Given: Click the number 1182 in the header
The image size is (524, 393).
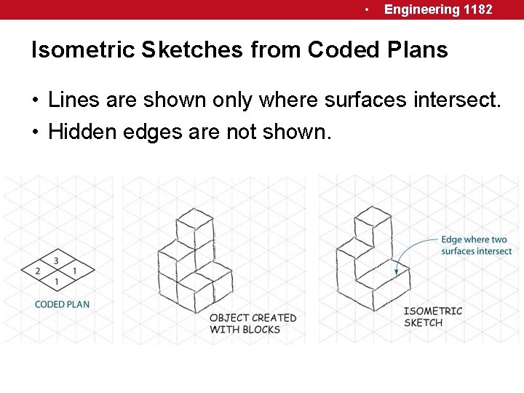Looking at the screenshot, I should [x=477, y=9].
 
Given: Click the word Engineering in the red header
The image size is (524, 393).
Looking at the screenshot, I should [x=422, y=9].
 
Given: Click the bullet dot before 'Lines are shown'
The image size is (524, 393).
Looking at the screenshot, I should [x=36, y=100].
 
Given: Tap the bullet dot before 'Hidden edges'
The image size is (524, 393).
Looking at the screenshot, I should [x=36, y=132].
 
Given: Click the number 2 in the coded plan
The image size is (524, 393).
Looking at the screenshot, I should [x=38, y=271].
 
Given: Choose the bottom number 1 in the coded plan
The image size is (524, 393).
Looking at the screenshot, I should [x=57, y=281].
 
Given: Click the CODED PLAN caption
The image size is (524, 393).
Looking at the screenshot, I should [x=62, y=304].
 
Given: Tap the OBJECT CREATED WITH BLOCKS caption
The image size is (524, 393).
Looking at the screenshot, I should [x=253, y=324].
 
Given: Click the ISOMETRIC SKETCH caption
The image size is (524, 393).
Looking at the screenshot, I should [x=432, y=317].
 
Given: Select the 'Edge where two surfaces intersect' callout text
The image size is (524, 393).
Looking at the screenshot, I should [x=476, y=245].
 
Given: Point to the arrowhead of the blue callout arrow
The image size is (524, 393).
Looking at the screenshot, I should [x=397, y=272].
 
